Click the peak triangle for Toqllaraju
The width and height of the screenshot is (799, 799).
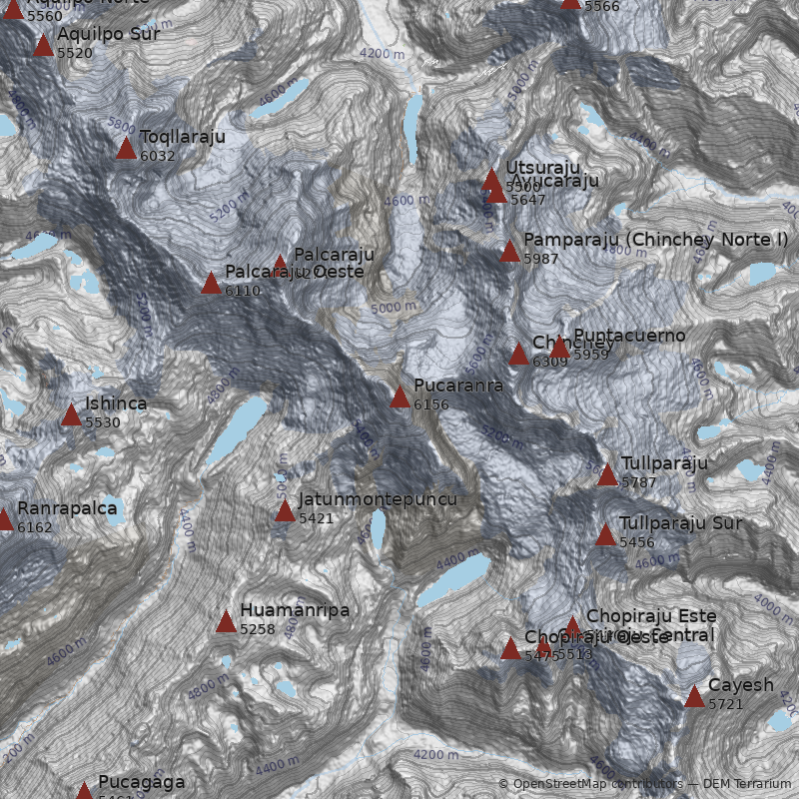(126, 149)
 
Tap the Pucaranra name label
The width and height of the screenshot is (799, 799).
(457, 386)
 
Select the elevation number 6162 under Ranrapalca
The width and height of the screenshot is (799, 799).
(35, 527)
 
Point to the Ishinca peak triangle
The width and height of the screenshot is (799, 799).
(71, 414)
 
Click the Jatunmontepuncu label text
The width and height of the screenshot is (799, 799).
(378, 499)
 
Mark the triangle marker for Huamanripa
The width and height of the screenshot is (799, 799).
(226, 622)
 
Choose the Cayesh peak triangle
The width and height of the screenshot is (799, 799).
(694, 697)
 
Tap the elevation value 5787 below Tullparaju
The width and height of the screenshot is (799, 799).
(639, 482)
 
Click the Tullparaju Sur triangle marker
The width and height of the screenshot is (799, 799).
(605, 535)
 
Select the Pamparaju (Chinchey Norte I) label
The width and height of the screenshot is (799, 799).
(655, 240)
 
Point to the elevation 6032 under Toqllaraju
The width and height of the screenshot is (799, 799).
(158, 156)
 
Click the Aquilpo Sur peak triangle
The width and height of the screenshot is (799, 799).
(43, 45)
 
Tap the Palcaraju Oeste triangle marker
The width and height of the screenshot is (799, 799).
(211, 284)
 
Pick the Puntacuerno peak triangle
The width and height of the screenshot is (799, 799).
(560, 348)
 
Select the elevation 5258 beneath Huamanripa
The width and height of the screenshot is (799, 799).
(258, 629)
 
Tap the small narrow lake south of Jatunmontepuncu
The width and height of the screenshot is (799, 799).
(378, 530)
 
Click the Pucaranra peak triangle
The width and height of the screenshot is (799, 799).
(399, 398)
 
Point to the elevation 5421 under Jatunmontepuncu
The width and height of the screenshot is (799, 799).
(316, 518)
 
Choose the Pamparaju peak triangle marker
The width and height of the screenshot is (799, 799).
(509, 252)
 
